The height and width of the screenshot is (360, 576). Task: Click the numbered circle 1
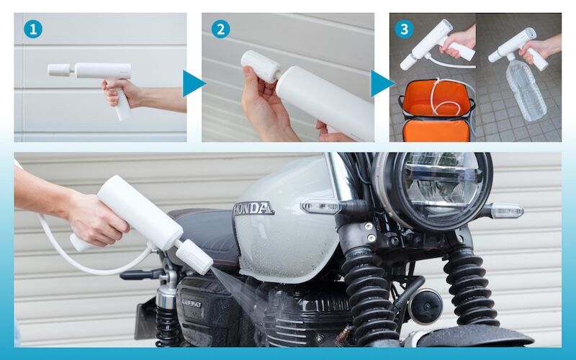tap(33, 30)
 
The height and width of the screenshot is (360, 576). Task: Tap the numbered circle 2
tap(221, 30)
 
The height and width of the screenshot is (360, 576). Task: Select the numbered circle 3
tap(405, 30)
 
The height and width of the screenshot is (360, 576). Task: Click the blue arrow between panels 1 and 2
tap(194, 84)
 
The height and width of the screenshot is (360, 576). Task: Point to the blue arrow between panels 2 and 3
tap(382, 84)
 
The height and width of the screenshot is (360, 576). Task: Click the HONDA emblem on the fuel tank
tap(254, 209)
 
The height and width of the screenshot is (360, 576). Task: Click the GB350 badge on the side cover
tap(192, 303)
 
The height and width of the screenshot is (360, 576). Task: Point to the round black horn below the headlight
tap(426, 307)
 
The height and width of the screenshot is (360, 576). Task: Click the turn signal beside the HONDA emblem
tap(321, 207)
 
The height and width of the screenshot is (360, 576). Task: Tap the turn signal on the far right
tap(507, 211)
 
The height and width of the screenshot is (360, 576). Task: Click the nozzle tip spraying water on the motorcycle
tap(194, 256)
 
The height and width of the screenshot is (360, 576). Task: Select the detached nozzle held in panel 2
tap(261, 66)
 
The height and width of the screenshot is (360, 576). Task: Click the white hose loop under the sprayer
tap(92, 253)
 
